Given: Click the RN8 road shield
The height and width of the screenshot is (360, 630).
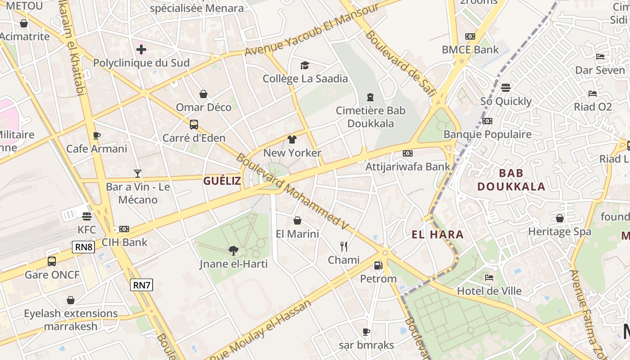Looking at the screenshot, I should point(84,247).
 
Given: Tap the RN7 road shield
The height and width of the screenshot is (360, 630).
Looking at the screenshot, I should point(142,284).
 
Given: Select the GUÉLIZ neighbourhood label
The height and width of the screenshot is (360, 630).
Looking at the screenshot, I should point(222,181).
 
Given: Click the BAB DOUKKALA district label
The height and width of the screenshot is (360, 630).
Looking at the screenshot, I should point(511,180).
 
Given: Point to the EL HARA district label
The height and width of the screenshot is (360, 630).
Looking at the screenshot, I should point(437,234).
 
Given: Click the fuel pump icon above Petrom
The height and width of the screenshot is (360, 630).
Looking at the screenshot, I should point(378,265).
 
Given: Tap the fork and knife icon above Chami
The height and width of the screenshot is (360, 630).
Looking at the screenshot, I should point(344,246).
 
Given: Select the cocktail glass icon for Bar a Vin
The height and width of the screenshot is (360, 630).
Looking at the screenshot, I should point(138,173).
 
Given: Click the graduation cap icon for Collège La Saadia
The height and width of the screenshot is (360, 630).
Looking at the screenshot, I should point(305,66).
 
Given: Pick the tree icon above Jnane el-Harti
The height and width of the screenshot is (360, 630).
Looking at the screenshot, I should point(234,250).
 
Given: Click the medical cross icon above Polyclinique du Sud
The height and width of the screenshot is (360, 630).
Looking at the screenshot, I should point(141,49).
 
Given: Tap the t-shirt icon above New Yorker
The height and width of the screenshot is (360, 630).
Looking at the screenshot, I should point(292,139).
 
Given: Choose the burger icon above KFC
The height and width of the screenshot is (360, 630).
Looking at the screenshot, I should point(87,216).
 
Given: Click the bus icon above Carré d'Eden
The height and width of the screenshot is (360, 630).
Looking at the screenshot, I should point(194,124).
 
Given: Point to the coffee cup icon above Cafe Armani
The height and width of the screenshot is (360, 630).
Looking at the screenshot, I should point(96,135).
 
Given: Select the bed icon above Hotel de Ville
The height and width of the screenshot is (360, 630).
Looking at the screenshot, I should point(489,277).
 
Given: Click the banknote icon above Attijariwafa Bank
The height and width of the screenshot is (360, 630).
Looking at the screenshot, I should point(408,153).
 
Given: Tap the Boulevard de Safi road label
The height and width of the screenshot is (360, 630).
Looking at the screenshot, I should point(401,63).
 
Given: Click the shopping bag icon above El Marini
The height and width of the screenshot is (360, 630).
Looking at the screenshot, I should point(297,220).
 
